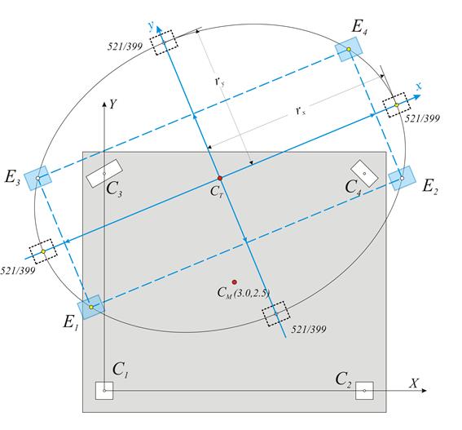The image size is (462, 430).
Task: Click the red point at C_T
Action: (x=220, y=178)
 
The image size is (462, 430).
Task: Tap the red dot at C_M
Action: (x=234, y=282)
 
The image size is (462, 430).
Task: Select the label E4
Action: (x=360, y=28)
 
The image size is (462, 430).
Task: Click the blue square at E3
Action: (x=37, y=178)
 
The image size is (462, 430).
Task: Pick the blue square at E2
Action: (x=402, y=178)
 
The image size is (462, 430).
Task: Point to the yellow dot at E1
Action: (x=91, y=308)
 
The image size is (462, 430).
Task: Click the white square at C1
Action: (x=104, y=391)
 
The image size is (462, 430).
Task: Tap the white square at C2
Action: (x=364, y=391)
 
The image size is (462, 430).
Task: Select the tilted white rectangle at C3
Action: (x=104, y=174)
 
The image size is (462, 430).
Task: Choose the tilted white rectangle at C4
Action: (x=364, y=174)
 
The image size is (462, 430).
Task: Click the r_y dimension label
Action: (x=220, y=81)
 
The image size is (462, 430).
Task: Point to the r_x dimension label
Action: (x=301, y=111)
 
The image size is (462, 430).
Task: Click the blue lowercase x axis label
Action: (x=419, y=86)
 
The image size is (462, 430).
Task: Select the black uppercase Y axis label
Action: (x=112, y=104)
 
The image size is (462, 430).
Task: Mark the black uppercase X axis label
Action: (x=414, y=383)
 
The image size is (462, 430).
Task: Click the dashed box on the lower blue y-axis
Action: (x=276, y=313)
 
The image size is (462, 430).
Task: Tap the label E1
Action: (x=71, y=322)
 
